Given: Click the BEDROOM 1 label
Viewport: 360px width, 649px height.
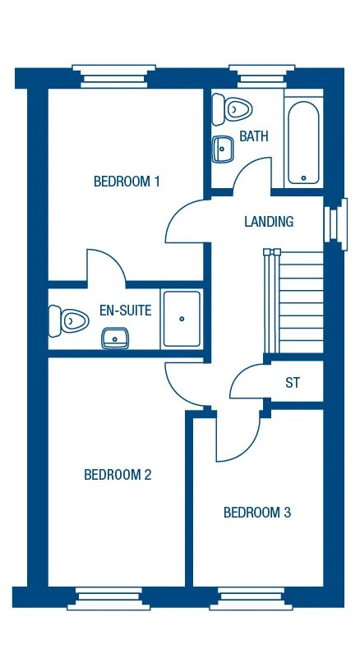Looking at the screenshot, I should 127,182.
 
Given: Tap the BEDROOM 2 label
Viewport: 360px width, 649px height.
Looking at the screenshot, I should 118,474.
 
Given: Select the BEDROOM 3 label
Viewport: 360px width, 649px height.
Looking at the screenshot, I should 257,513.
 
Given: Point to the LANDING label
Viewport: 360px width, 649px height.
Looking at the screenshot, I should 269,222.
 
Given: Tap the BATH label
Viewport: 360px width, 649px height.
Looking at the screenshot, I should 254,136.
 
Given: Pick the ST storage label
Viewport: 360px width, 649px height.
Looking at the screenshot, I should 293,383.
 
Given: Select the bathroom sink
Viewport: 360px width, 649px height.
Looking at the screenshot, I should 223,150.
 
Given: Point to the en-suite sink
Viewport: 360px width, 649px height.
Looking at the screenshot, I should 114,337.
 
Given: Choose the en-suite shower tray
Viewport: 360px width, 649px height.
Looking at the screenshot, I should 181,318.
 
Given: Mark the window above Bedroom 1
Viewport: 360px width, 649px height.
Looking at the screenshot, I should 113,75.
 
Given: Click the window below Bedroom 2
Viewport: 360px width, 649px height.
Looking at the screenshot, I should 108,599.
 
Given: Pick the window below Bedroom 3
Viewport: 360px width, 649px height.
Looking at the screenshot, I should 250,600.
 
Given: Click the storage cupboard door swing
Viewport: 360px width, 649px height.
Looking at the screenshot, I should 248,382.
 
